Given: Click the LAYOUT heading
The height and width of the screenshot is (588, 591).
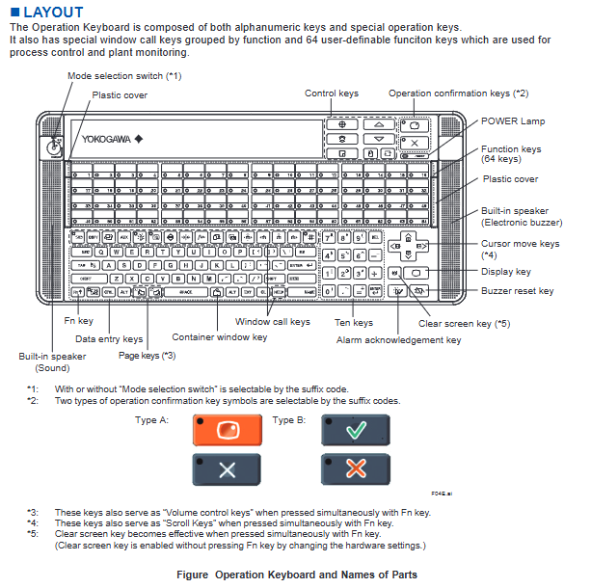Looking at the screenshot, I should point(48,13).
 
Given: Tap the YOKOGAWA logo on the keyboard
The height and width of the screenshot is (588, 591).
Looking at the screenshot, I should point(108,137).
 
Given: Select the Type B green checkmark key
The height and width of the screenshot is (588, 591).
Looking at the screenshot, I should point(355,430).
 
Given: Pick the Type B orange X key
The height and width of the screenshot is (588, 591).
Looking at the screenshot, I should point(355,470).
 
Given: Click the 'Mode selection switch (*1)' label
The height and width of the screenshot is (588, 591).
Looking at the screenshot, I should point(123,75).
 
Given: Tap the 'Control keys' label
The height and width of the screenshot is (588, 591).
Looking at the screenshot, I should point(332,94).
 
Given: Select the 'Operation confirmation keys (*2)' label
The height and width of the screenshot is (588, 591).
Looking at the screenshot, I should point(458,94).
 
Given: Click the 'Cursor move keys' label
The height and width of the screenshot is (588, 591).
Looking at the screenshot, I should point(520,244).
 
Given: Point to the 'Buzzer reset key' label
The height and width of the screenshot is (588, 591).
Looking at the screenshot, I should point(519,290).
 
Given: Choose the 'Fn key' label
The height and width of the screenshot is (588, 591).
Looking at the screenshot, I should point(79,320).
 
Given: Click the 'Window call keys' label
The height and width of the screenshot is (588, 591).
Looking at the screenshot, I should point(273,321).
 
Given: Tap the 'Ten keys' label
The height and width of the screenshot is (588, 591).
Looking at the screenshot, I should point(355,322).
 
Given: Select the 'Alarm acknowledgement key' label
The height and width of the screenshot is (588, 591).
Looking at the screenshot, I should point(398,339).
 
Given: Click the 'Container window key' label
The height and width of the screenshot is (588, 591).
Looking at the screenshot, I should point(219,336).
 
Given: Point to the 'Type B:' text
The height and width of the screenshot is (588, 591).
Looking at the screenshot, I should point(289,420).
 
